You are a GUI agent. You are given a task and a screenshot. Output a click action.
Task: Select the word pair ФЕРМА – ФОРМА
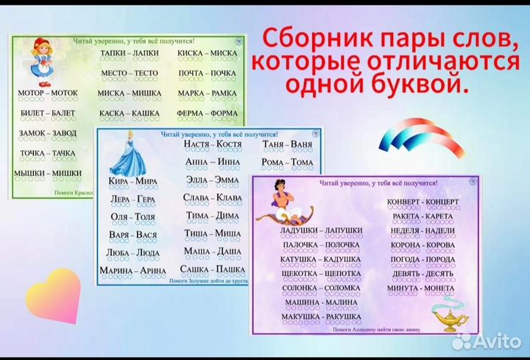(207, 113)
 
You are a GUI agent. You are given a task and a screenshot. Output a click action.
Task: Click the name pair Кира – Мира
(132, 180)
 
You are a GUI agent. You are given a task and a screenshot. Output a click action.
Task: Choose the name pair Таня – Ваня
(287, 144)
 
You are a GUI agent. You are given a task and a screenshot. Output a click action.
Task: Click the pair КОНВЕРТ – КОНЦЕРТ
(424, 201)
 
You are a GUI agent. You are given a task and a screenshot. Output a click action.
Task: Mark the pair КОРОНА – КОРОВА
(423, 244)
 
